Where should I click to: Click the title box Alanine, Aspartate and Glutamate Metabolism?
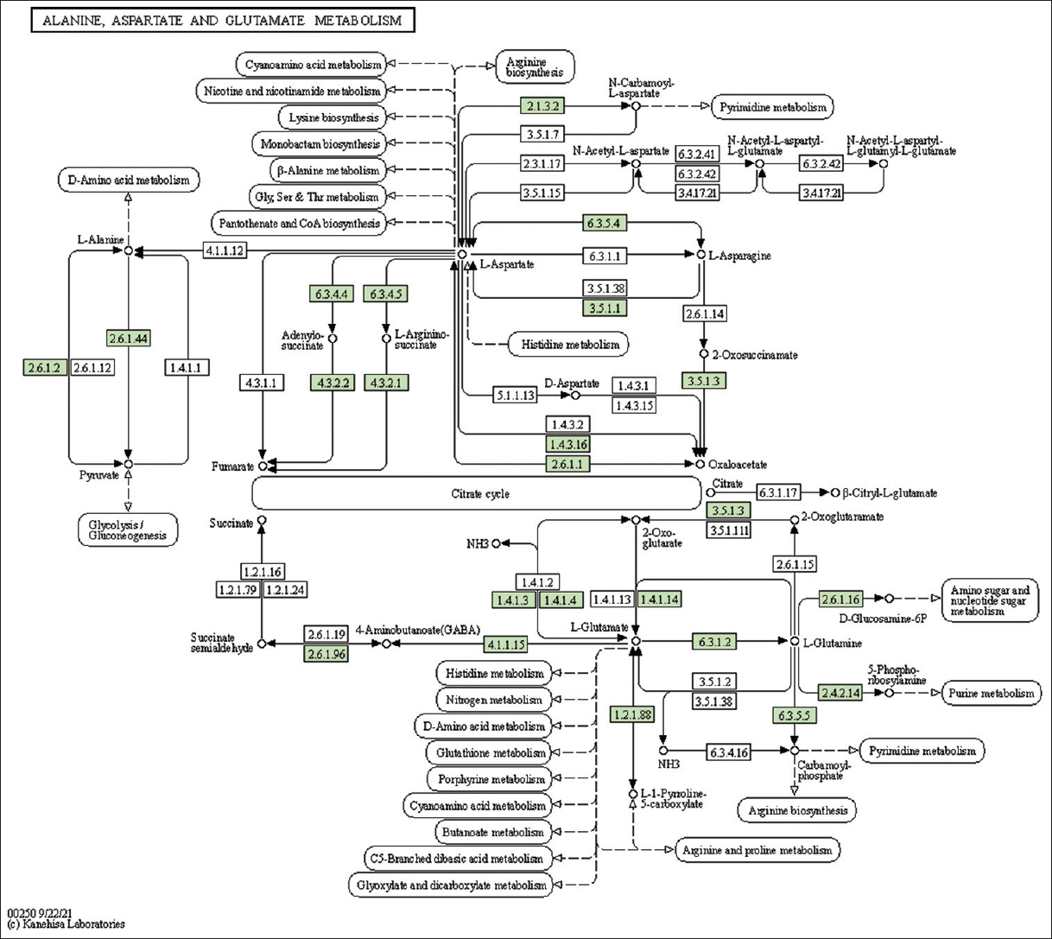tap(222, 20)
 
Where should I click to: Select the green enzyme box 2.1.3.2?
tap(542, 106)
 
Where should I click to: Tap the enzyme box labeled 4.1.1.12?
tap(225, 251)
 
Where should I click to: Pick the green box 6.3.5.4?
tap(604, 223)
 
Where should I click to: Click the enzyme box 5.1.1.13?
tap(515, 396)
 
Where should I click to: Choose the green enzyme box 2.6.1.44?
tap(129, 338)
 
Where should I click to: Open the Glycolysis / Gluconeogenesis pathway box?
tap(128, 530)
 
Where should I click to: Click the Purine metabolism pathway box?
tap(991, 693)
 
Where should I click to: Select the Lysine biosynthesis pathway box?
tap(333, 117)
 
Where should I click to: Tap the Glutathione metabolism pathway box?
tap(491, 752)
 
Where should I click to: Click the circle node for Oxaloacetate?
tap(700, 465)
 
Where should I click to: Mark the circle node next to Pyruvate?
tap(129, 465)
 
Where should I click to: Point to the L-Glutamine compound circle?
tap(795, 641)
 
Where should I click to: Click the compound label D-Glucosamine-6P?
tap(882, 619)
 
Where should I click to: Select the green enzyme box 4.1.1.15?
tap(505, 644)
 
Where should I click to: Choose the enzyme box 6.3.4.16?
tap(728, 752)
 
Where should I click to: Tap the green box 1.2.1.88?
tap(632, 714)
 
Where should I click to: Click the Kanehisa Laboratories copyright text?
tap(66, 924)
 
